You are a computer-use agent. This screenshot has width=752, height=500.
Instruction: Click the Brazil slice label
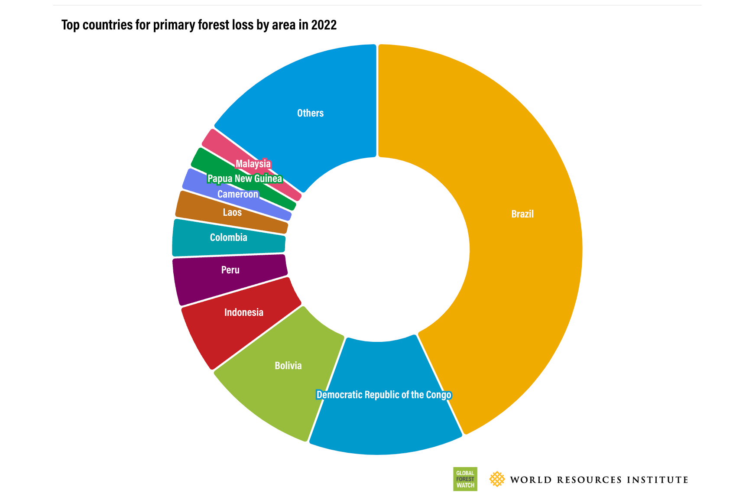point(522,214)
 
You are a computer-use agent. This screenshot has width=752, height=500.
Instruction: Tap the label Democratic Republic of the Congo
point(383,395)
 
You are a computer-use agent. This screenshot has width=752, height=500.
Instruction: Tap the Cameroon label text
point(237,194)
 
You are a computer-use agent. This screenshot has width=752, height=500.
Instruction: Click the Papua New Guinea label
point(244,179)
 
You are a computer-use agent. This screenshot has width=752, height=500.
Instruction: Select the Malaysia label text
point(253,164)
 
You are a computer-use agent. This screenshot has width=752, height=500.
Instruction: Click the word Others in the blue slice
point(310,113)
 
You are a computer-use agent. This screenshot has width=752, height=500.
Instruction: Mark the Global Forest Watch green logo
point(465,479)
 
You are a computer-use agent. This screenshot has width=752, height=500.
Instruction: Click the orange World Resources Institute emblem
point(497,479)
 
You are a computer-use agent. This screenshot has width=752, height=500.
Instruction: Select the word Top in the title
point(70,25)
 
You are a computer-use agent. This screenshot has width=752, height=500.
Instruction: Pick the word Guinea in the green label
point(269,179)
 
